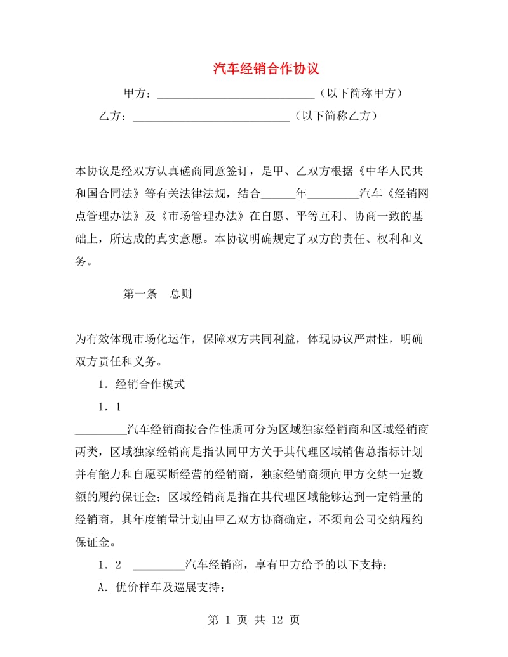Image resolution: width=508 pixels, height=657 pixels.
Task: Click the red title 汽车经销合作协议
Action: pos(265,68)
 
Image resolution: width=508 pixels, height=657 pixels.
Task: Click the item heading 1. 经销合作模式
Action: pos(142,384)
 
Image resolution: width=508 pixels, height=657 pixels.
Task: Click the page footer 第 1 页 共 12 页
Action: pos(254,620)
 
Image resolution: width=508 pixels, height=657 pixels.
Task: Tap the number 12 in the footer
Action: pos(274,620)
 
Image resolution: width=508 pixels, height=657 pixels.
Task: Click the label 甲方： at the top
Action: pos(138,94)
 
